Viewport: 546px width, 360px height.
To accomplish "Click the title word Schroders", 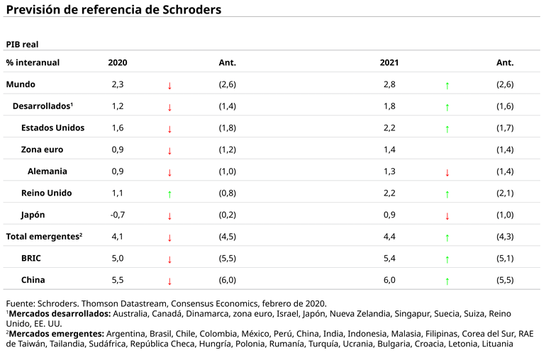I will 186,10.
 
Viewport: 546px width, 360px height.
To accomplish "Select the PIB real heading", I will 22,44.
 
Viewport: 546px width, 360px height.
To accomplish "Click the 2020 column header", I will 118,62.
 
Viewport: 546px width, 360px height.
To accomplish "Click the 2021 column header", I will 389,62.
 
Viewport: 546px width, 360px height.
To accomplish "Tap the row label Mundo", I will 21,84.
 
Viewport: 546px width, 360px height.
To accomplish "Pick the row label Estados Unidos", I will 53,128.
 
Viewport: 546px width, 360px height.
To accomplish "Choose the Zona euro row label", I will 42,150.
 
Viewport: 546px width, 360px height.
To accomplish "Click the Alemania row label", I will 48,171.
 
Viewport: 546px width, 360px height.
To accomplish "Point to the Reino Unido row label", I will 47,193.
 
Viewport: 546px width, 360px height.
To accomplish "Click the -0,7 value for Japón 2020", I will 118,215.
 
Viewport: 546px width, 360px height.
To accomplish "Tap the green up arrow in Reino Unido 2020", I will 169,193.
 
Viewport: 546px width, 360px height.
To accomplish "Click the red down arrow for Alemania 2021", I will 447,172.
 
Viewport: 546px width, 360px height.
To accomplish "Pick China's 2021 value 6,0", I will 389,280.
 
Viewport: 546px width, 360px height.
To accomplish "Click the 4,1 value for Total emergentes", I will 118,236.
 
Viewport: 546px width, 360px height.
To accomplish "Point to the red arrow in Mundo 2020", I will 169,85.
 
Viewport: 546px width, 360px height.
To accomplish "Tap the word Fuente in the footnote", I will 21,303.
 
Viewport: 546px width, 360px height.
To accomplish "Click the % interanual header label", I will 33,62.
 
